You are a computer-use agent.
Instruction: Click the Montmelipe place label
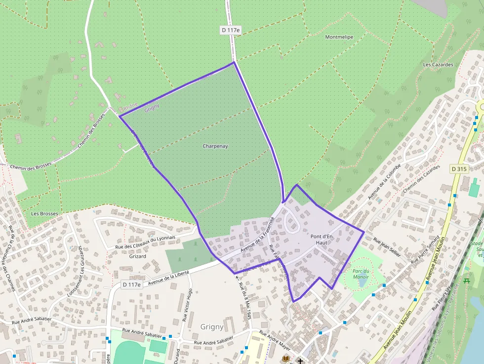[x=339, y=37]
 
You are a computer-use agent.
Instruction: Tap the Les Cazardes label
[x=438, y=65]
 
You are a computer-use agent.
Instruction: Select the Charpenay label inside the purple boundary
[x=215, y=146]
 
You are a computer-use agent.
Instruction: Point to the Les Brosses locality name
[x=44, y=214]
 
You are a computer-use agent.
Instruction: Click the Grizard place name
[x=137, y=256]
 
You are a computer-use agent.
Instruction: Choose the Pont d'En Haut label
[x=322, y=240]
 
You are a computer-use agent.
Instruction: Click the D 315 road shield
[x=459, y=169]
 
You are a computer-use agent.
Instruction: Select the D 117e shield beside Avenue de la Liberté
[x=131, y=284]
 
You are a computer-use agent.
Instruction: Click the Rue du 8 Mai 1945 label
[x=245, y=301]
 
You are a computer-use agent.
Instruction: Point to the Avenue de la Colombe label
[x=384, y=182]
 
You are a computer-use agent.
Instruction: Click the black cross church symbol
[x=300, y=361]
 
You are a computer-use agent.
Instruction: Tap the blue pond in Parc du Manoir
[x=363, y=283]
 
